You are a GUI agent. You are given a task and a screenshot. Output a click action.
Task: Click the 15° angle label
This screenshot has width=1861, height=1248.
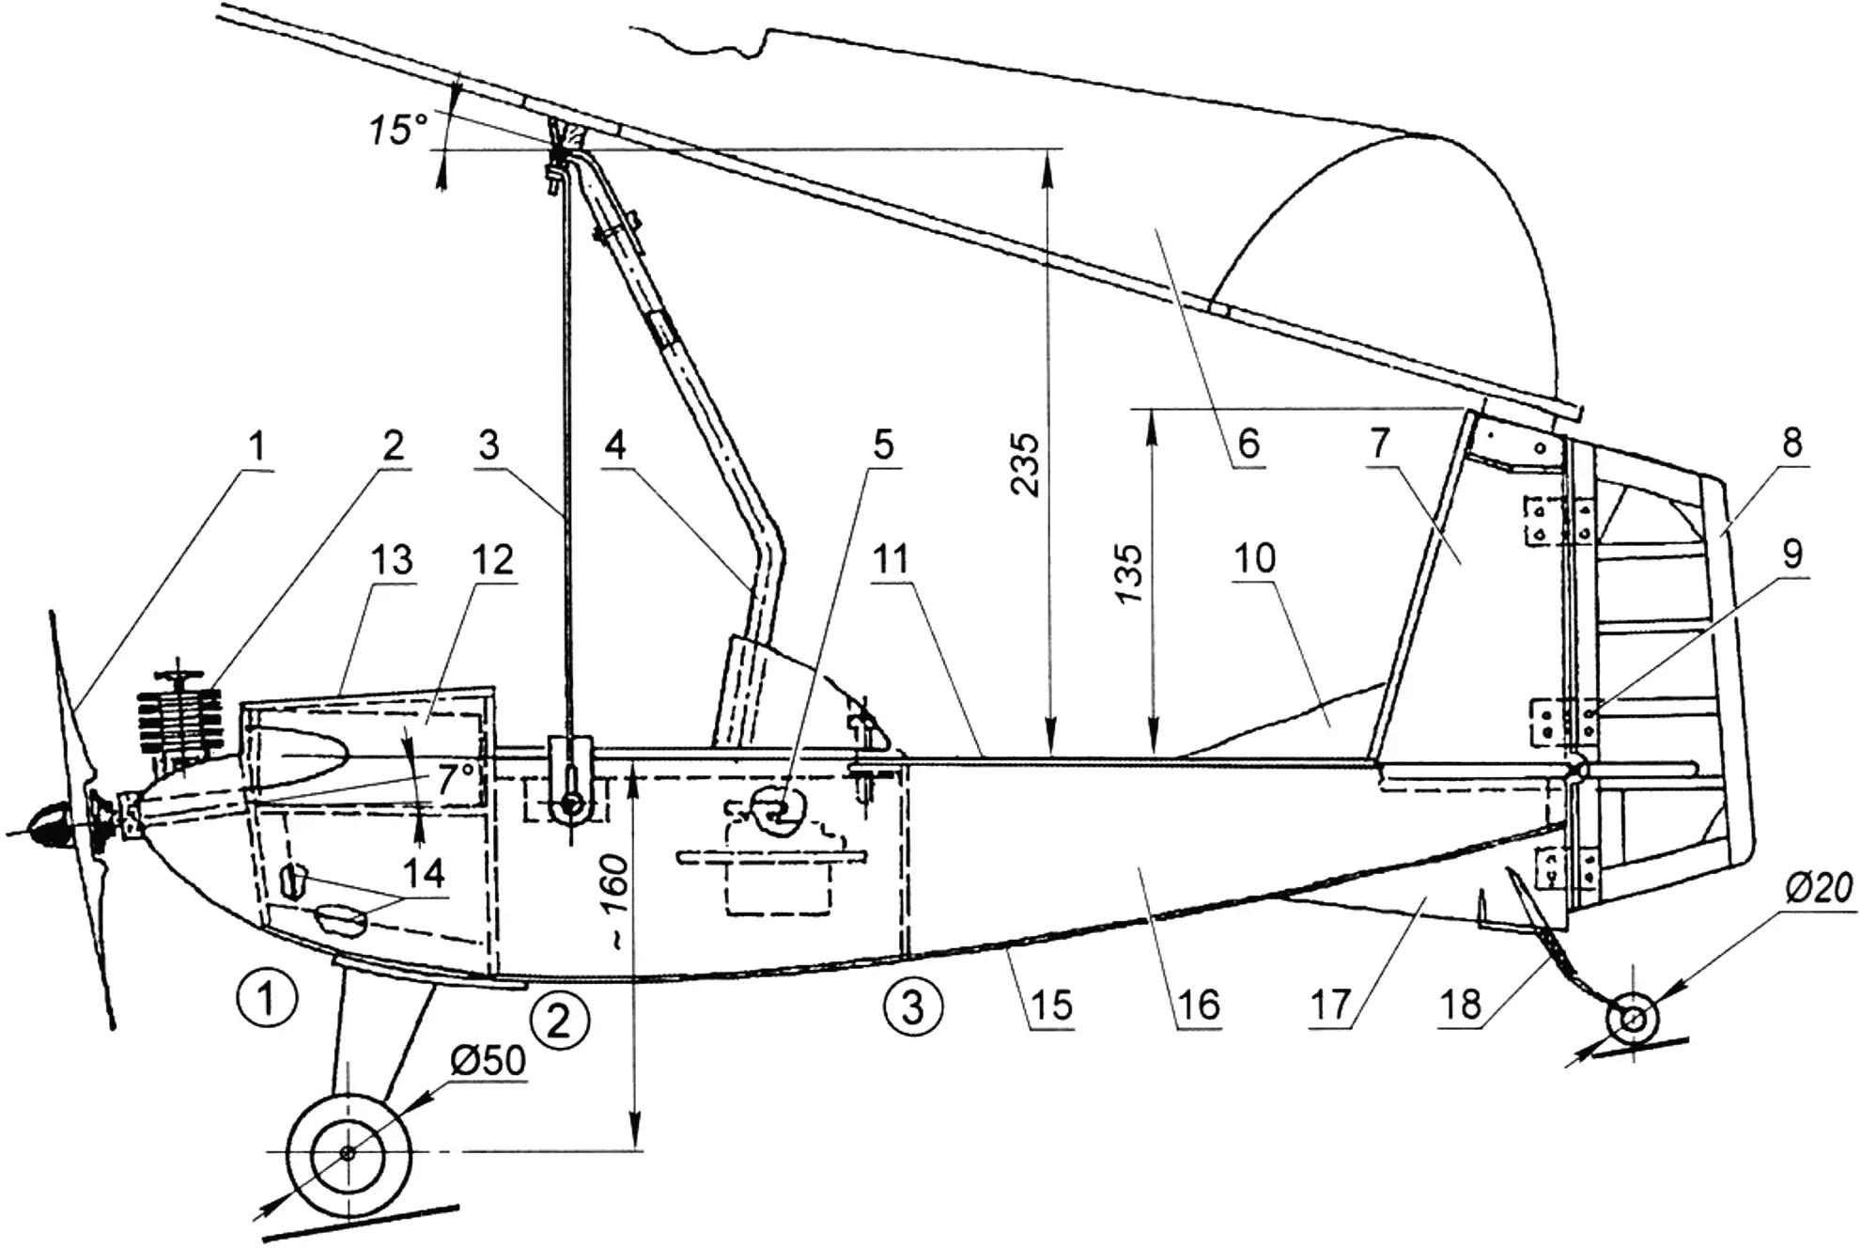tap(397, 130)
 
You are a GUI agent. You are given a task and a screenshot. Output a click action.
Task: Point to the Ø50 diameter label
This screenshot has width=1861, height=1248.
tap(488, 1060)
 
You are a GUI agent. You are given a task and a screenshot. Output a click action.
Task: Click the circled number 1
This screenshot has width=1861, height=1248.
tap(268, 998)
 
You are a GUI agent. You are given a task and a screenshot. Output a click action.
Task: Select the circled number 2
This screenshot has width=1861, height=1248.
tap(559, 1021)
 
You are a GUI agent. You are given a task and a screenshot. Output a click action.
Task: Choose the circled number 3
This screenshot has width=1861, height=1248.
tap(912, 1006)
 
